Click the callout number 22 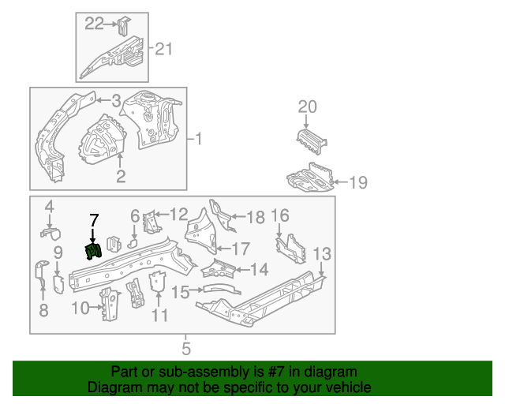click(x=95, y=24)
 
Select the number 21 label click(x=163, y=50)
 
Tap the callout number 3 click(x=115, y=100)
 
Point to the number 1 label click(x=199, y=140)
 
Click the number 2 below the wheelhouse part click(x=121, y=177)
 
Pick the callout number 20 click(x=308, y=107)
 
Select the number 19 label click(x=357, y=183)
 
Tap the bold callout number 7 click(x=94, y=220)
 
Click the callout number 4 click(x=49, y=207)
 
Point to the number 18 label click(x=256, y=218)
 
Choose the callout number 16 click(x=280, y=216)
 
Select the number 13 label click(x=322, y=253)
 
